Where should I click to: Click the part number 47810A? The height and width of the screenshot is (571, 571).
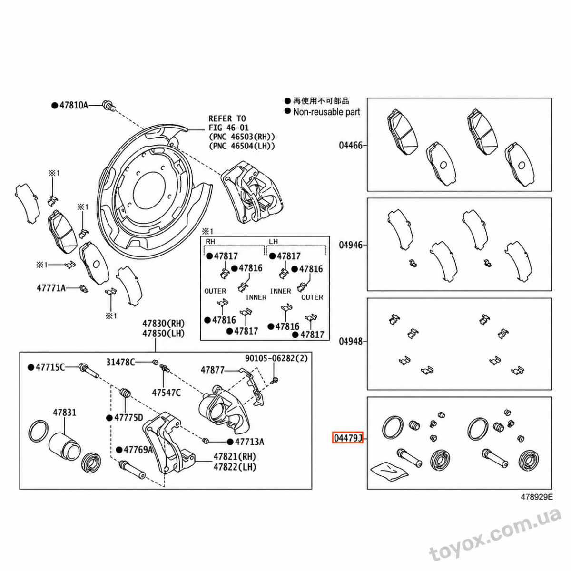pos(74,105)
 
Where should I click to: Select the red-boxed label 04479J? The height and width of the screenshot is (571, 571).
pos(347,438)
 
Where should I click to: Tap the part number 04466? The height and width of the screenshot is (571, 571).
pos(351,146)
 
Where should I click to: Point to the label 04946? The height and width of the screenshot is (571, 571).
pos(351,245)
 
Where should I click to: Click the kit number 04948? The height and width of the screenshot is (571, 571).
pos(351,341)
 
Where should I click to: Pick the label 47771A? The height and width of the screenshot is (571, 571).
pos(51,288)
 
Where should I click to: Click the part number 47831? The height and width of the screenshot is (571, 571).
pos(65,413)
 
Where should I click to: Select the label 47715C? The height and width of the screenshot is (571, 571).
pos(50,367)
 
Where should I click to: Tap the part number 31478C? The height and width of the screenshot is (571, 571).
pos(120,362)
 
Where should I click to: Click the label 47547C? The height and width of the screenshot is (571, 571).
pos(166,393)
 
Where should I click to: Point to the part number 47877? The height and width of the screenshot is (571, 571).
pos(212,370)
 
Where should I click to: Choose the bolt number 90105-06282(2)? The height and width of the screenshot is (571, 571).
pos(276,358)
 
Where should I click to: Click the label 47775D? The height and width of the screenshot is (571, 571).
pos(128,418)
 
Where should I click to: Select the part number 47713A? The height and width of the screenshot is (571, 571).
pos(249,442)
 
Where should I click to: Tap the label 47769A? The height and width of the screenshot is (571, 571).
pos(138,450)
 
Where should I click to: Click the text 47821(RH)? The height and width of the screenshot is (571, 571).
pos(235,456)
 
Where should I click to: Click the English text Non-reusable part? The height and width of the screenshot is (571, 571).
pos(326,112)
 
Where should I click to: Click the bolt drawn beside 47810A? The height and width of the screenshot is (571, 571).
pos(108,106)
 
